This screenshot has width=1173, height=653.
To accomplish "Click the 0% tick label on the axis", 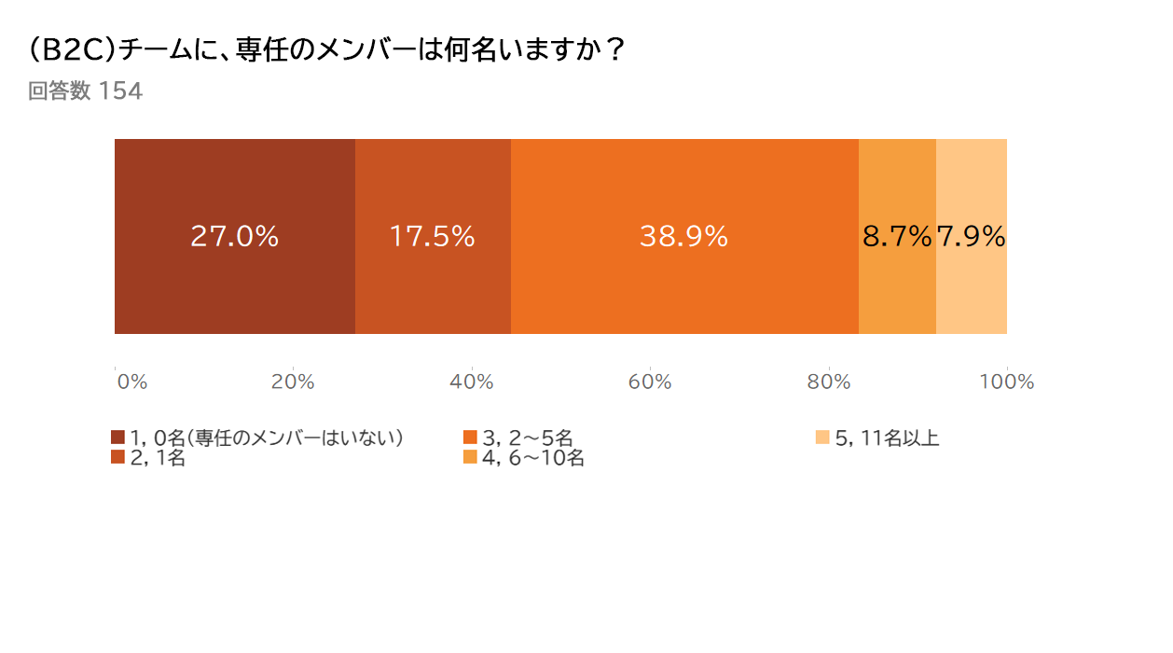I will (131, 382).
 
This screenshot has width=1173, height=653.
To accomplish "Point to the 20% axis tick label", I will (293, 382).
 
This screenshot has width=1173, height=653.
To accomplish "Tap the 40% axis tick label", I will (472, 382).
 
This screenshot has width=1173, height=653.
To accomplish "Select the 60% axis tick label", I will (650, 382).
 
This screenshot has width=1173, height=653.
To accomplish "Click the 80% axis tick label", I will (829, 382).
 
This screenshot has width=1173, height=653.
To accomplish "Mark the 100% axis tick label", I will (1007, 382).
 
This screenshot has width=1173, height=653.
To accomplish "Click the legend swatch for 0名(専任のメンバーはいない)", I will (117, 438).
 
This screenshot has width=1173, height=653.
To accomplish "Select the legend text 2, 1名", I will (158, 458).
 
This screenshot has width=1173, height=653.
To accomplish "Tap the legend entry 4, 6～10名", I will (532, 458).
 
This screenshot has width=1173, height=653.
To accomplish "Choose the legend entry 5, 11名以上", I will (887, 438).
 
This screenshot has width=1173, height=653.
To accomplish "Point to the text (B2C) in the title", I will (72, 50).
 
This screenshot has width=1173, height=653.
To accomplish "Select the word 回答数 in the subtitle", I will (59, 91).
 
